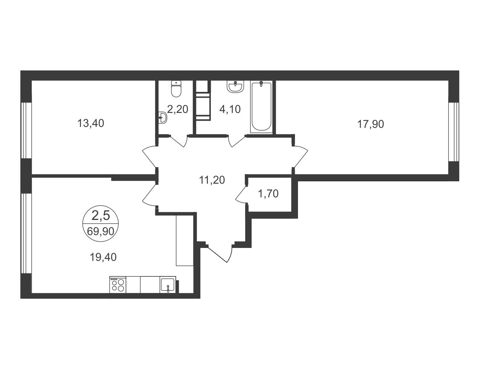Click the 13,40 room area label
[90, 123]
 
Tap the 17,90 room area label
[371, 124]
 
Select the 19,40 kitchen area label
[103, 257]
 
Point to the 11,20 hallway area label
[212, 180]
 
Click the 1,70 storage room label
[268, 194]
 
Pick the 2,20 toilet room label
[178, 109]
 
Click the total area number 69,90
[100, 231]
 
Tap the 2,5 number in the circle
[100, 215]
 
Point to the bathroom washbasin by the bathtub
[236, 87]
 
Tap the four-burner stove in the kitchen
[118, 285]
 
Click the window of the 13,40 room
[26, 130]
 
